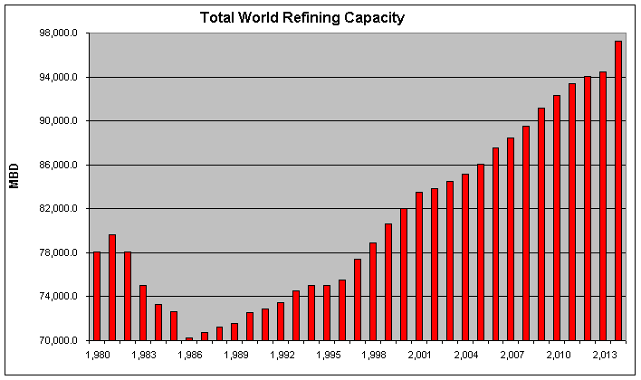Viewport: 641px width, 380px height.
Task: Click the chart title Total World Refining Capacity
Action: coord(302,17)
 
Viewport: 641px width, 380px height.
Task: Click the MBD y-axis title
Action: coord(14,176)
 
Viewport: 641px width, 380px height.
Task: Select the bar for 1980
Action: coord(97,296)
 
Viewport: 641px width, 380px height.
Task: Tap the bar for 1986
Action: coord(189,339)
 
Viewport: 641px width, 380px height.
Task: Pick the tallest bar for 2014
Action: coord(618,190)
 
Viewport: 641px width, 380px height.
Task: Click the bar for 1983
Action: coord(143,312)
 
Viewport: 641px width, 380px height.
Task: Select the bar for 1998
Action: coord(373,291)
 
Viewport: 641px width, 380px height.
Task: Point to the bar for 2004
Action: coord(465,257)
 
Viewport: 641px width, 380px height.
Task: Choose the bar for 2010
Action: coord(557,217)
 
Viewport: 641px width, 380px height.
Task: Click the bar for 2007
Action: coord(511,239)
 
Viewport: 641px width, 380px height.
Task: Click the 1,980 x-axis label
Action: coord(97,355)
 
